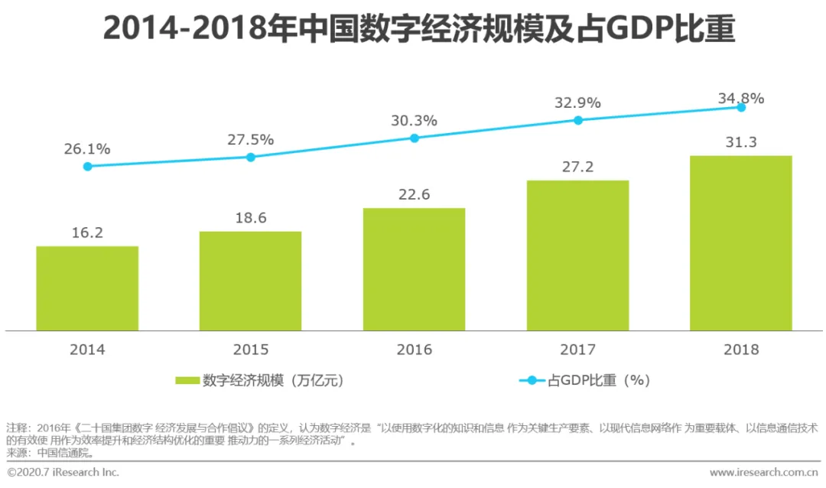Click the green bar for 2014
pos(87,288)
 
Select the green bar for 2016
pos(414,269)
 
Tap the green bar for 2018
pos(740,243)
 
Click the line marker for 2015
pos(251,157)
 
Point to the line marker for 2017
pos(577,120)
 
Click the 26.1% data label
pos(87,149)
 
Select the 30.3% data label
pos(414,121)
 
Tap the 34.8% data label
pos(740,99)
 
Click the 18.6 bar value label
pos(251,218)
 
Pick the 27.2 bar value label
pos(577,167)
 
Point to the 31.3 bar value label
pos(740,142)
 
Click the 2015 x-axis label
pos(251,350)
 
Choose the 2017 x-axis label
pos(577,350)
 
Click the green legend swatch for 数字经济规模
pos(187,380)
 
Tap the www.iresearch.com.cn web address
pos(764,472)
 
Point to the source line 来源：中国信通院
pos(50,453)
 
